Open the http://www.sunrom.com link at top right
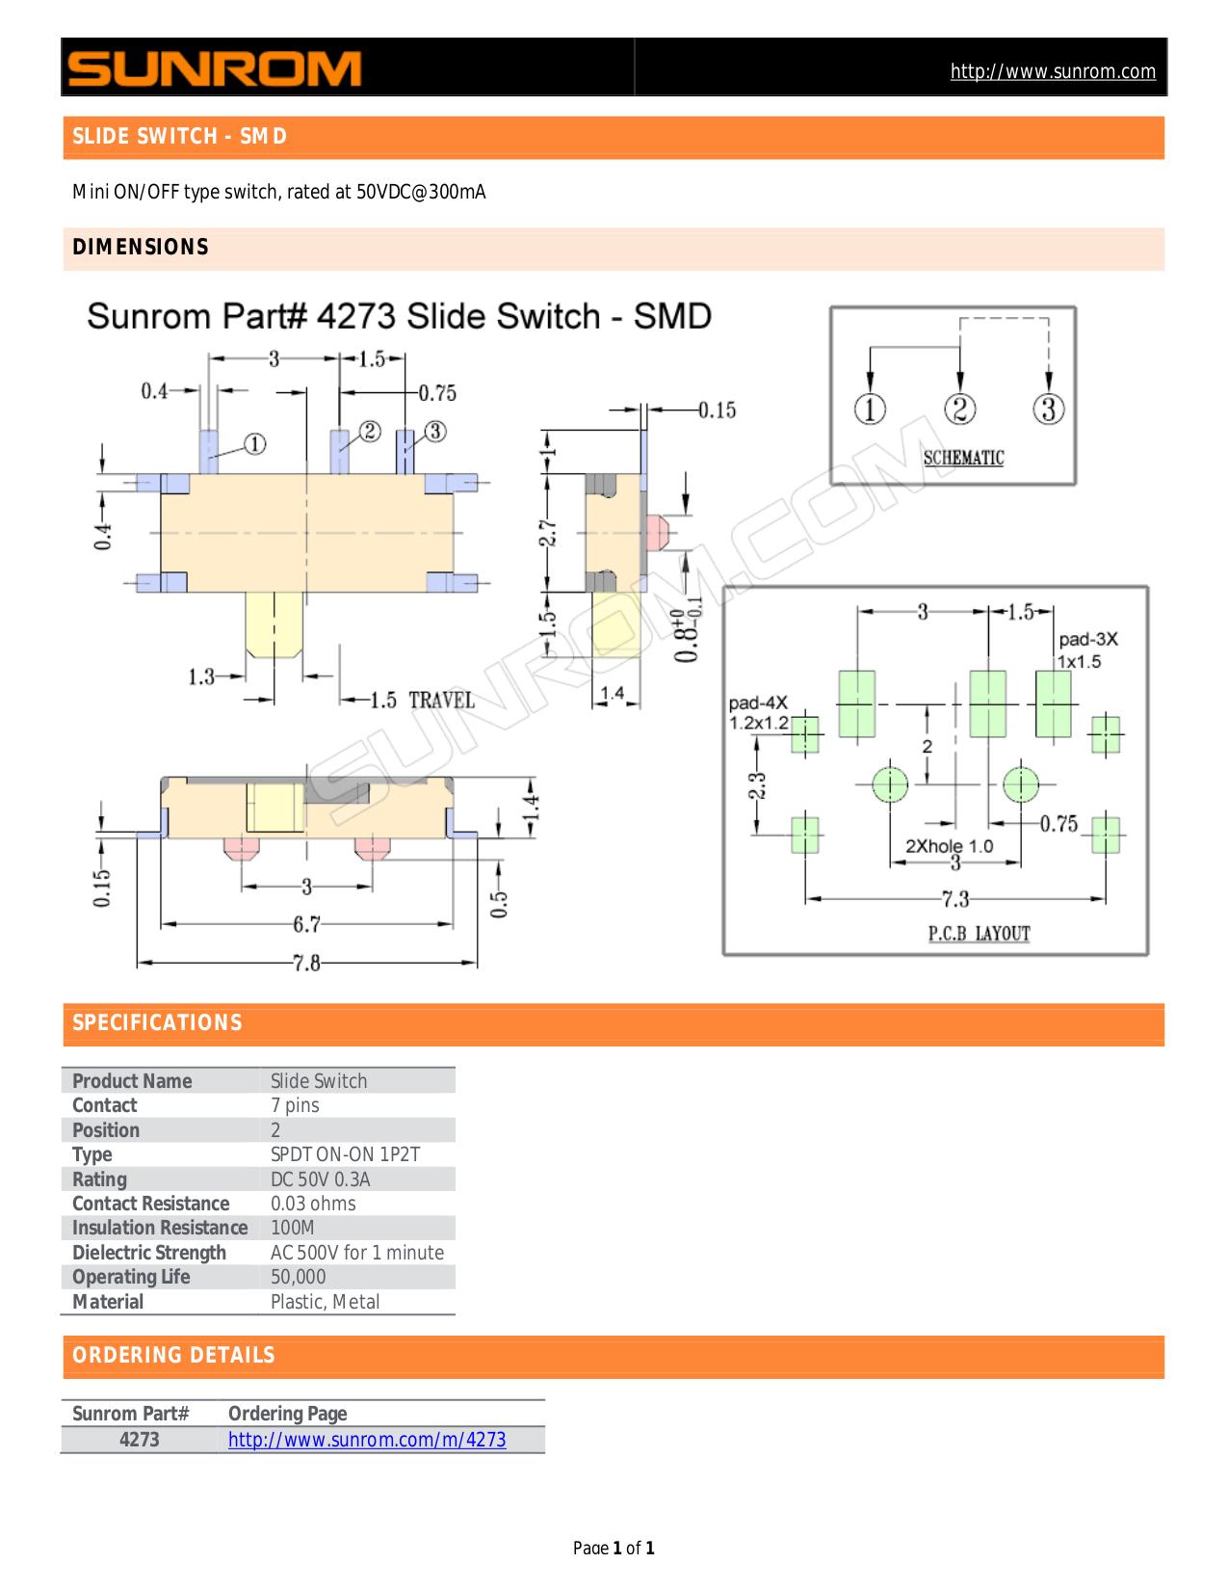pyautogui.click(x=1053, y=71)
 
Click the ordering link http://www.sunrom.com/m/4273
pyautogui.click(x=367, y=1440)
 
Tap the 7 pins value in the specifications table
pyautogui.click(x=295, y=1105)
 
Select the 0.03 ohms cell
pyautogui.click(x=313, y=1204)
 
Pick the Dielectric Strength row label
pyautogui.click(x=149, y=1253)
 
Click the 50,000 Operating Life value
pyautogui.click(x=299, y=1277)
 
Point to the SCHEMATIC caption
pyautogui.click(x=963, y=459)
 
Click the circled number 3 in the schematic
pyautogui.click(x=1049, y=410)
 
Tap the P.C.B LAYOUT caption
pyautogui.click(x=979, y=933)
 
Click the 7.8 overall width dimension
pyautogui.click(x=306, y=963)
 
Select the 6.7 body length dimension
pyautogui.click(x=306, y=925)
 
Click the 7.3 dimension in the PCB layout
pyautogui.click(x=955, y=899)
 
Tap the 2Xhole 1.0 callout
pyautogui.click(x=950, y=846)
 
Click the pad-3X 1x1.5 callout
pyautogui.click(x=1088, y=650)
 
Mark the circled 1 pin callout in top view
pyautogui.click(x=254, y=444)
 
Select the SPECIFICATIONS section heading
pyautogui.click(x=158, y=1023)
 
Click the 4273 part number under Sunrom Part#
pyautogui.click(x=140, y=1440)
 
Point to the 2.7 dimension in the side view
pyautogui.click(x=546, y=533)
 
